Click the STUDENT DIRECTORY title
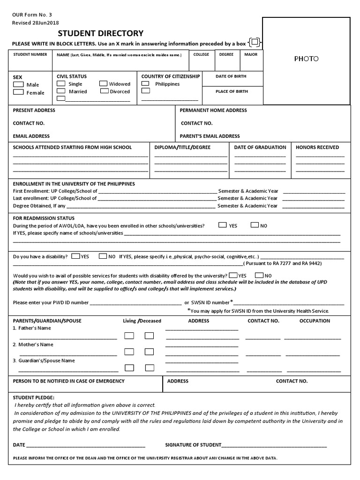tap(100, 33)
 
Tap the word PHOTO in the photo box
tap(306, 59)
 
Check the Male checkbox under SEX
tap(18, 84)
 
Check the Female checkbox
tap(18, 92)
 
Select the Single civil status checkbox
tap(61, 83)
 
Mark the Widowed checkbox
tap(104, 83)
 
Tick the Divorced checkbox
tap(104, 91)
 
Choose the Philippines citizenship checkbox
tap(146, 83)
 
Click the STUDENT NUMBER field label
tap(30, 55)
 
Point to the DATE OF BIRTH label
tap(231, 76)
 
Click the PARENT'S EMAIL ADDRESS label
tap(210, 136)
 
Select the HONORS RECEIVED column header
tap(317, 147)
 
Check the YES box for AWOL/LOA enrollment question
tap(223, 225)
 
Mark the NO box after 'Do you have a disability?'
tap(102, 256)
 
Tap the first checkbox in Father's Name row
tap(129, 336)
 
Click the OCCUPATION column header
tap(315, 321)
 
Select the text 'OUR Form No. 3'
tap(30, 14)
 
